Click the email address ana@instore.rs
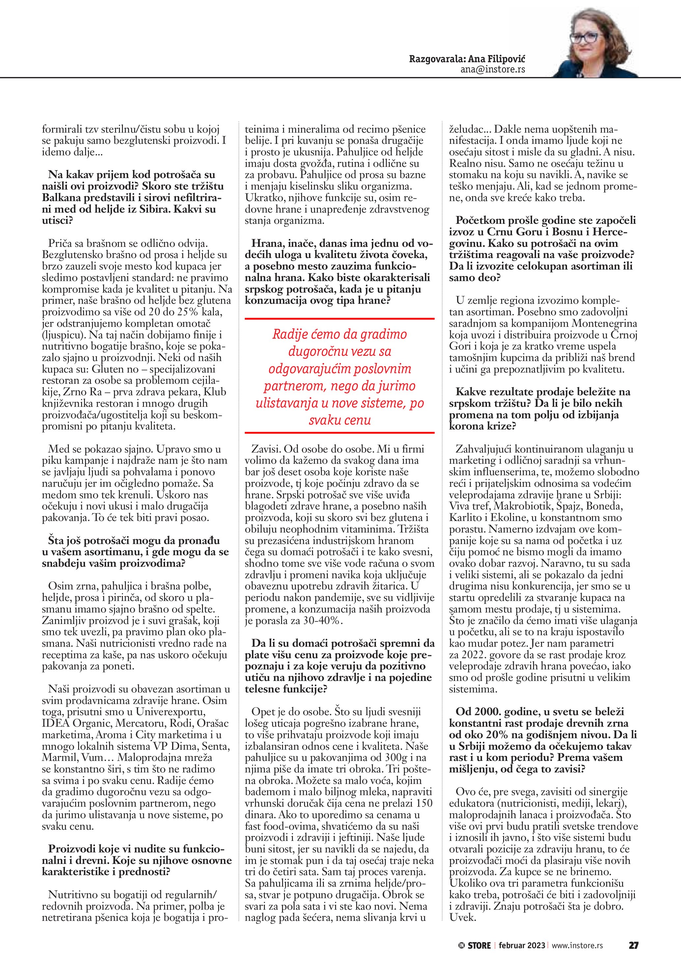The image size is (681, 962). (493, 69)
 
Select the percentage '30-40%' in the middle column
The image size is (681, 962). (322, 620)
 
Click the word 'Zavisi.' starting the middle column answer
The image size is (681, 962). (265, 449)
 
